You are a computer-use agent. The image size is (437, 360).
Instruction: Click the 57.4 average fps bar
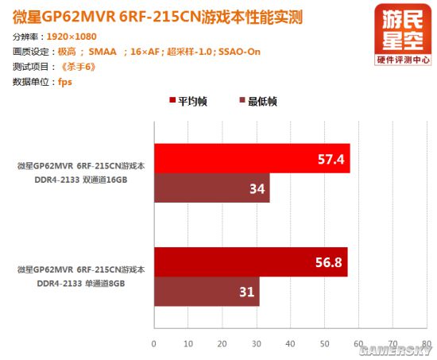pos(252,158)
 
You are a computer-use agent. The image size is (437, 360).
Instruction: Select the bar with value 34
pos(212,188)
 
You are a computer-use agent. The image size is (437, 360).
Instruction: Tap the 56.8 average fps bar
pos(251,262)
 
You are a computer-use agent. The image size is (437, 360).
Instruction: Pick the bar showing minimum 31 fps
pos(207,292)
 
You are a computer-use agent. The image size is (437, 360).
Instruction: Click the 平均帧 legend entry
pos(188,101)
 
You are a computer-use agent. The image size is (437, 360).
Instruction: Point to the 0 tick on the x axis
pos(154,344)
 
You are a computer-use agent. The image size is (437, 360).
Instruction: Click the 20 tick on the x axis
pos(222,344)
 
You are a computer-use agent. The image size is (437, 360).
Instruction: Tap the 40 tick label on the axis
pos(290,344)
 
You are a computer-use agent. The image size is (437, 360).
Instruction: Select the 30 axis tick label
pos(256,344)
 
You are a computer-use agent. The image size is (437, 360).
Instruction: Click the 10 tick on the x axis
pos(188,344)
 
